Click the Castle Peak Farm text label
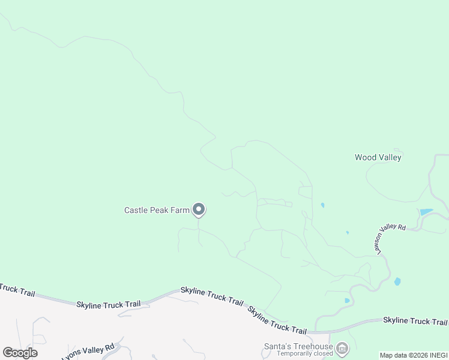157,210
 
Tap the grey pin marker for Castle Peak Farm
199,209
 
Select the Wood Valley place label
378,157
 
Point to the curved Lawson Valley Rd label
391,239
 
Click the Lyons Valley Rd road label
88,351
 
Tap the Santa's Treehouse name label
298,346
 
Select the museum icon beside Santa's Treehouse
342,348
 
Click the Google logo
20,353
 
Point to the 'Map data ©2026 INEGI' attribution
413,355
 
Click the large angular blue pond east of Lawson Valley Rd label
426,212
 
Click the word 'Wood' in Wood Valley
366,157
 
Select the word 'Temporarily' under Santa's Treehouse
295,354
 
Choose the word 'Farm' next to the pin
181,210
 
